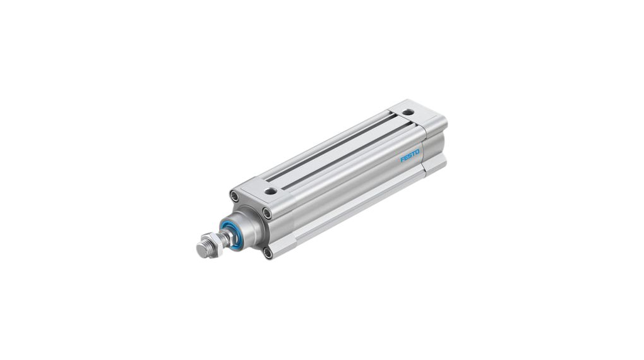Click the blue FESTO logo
(410, 155)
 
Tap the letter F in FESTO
(403, 159)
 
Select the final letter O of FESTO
(418, 152)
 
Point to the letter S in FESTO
(410, 155)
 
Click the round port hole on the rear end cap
(407, 112)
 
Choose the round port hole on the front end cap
(270, 191)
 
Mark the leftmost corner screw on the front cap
(234, 196)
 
